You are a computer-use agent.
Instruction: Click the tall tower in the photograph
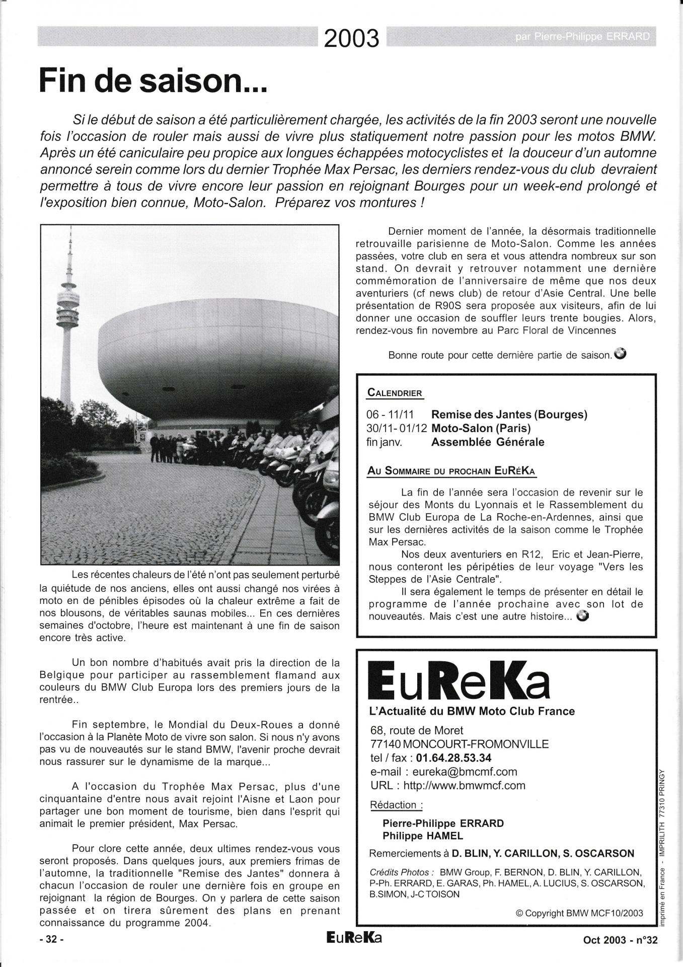(69, 322)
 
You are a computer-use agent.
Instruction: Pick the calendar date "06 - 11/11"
(390, 415)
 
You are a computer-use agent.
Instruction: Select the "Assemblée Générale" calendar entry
(488, 442)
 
